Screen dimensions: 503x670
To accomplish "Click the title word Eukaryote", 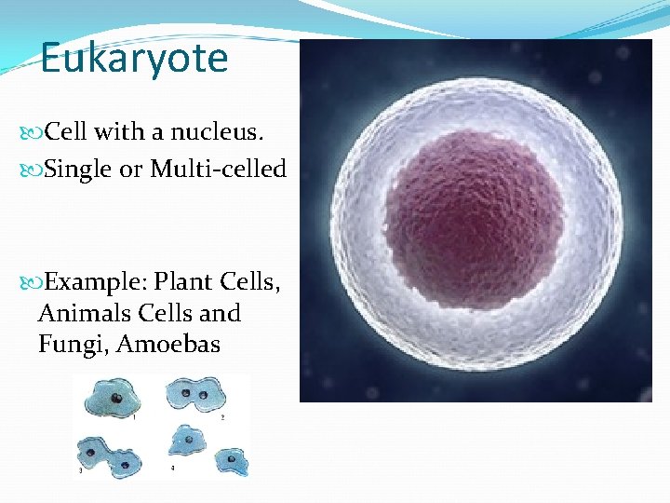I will click(x=134, y=58).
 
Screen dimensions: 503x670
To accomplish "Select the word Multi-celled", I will click(x=218, y=170).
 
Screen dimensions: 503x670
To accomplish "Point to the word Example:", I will click(x=96, y=281).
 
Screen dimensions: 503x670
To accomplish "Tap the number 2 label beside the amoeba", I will click(x=222, y=415).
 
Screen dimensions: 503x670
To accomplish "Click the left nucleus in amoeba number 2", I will click(x=186, y=394).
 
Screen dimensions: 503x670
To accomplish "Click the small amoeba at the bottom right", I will click(x=229, y=460).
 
